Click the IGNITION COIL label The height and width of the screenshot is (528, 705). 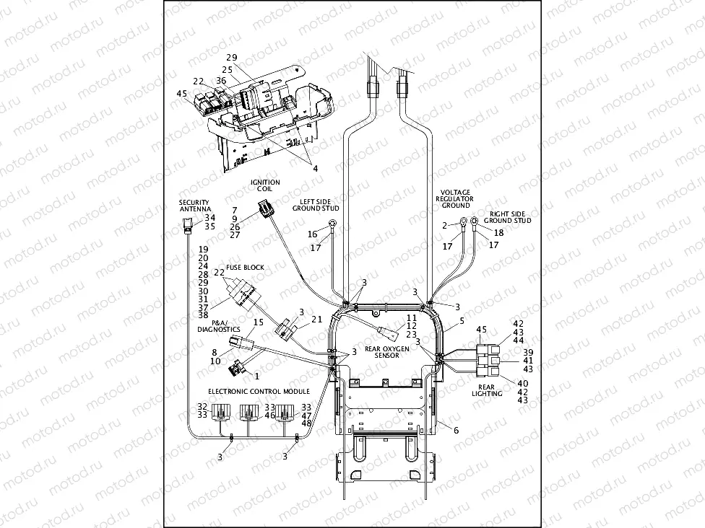[x=265, y=186]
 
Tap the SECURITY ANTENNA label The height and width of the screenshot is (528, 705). [x=194, y=206]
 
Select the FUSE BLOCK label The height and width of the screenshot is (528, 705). [x=245, y=268]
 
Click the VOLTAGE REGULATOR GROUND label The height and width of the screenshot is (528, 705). [x=456, y=198]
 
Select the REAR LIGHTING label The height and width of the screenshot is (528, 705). [x=487, y=390]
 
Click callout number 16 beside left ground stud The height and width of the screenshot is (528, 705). [x=312, y=234]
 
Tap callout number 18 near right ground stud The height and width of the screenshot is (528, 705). [x=498, y=232]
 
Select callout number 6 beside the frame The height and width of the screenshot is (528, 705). [x=456, y=430]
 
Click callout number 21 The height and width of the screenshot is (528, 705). [x=316, y=319]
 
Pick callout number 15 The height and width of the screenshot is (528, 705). [x=258, y=322]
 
